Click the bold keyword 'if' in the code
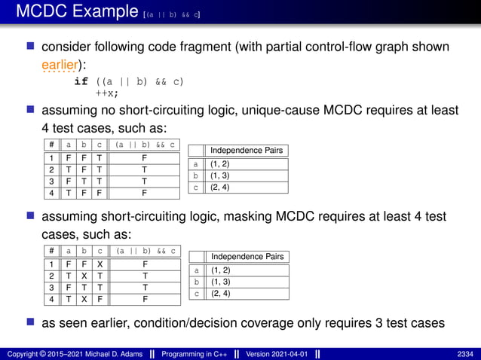[x=82, y=81]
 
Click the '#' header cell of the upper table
[x=50, y=145]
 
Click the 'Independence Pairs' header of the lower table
[x=247, y=257]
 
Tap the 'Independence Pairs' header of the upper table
[x=247, y=151]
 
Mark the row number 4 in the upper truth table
[x=50, y=192]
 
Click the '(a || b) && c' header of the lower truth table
[x=144, y=251]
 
